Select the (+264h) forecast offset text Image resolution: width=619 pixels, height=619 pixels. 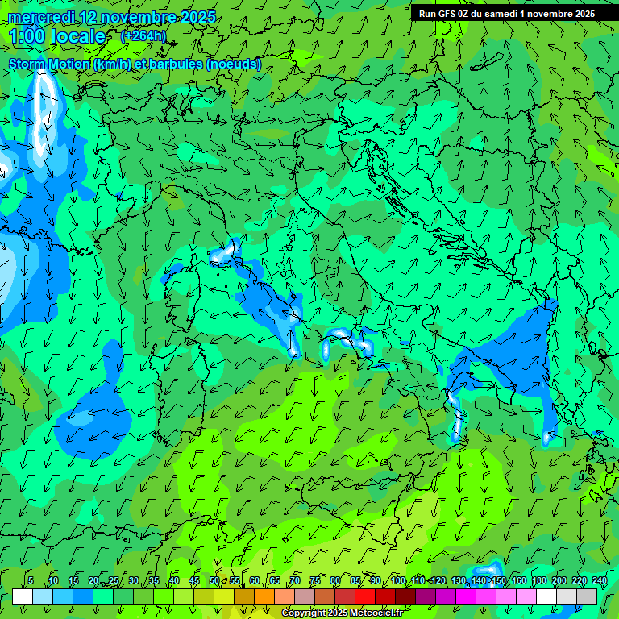(x=143, y=36)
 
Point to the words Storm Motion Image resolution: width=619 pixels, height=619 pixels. (x=48, y=64)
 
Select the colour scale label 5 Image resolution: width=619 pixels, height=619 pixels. (x=31, y=581)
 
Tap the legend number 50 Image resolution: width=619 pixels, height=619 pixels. (x=214, y=581)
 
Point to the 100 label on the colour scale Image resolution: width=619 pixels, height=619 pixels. (x=397, y=581)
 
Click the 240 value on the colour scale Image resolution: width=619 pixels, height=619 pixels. (x=599, y=581)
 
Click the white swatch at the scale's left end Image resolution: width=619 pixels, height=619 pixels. (x=22, y=596)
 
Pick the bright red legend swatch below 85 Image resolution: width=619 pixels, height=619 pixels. (x=365, y=596)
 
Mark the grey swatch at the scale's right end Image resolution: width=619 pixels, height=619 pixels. (x=587, y=596)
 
